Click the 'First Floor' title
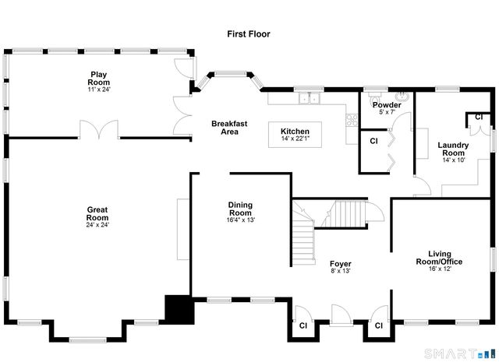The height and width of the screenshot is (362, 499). tap(249, 33)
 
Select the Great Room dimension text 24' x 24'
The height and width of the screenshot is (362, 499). tap(97, 225)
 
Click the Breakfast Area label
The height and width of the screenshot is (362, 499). tap(229, 128)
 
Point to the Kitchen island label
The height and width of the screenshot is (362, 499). tap(296, 135)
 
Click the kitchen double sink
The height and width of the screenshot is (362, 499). tap(310, 98)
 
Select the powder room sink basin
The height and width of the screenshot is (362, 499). tap(401, 98)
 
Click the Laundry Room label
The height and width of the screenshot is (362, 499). tap(453, 149)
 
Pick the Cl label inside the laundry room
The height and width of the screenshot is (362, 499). tap(479, 117)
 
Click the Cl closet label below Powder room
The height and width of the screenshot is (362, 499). tap(373, 142)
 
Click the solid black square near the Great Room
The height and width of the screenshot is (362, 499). tap(178, 310)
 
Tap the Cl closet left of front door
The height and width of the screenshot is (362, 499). tap(302, 325)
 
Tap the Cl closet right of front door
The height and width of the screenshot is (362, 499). tap(378, 325)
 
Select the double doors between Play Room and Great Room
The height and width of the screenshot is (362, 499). tap(98, 130)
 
